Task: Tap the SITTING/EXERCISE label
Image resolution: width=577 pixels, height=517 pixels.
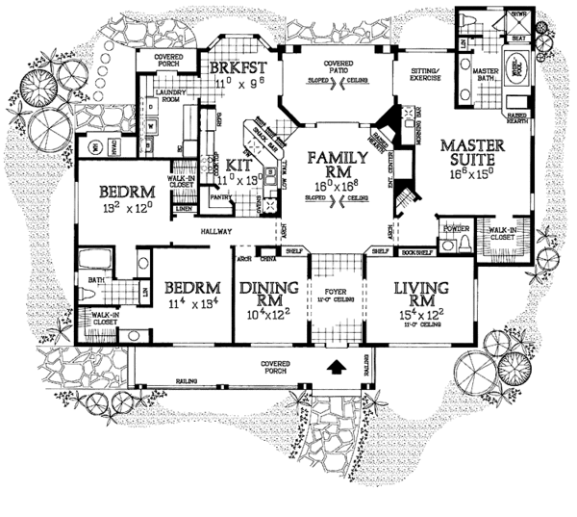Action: point(425,76)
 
